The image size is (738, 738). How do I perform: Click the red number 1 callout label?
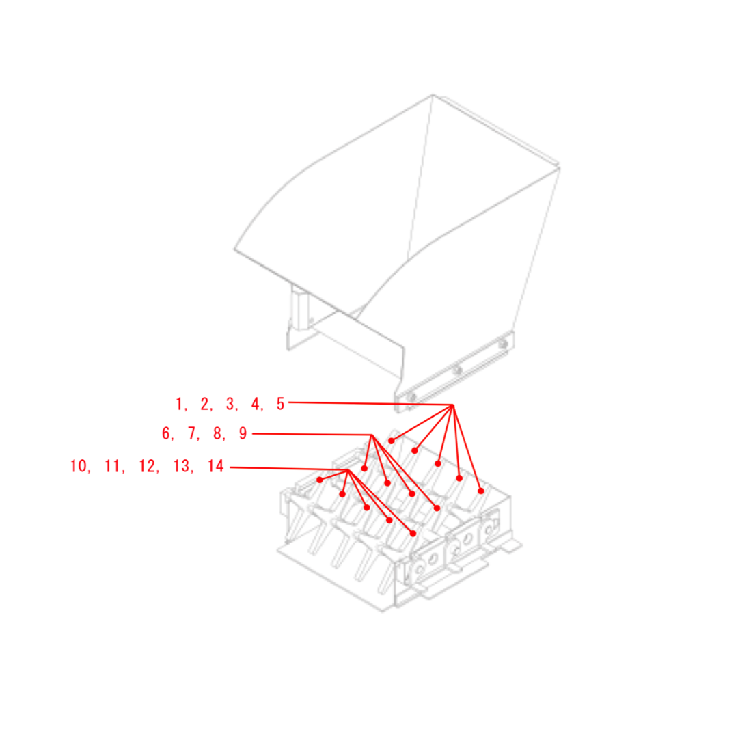click(179, 404)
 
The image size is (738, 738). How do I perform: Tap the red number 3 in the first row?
click(230, 404)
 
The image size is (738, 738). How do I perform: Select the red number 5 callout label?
click(281, 404)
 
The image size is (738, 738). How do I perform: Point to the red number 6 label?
click(165, 433)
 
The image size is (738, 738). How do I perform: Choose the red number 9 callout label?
click(243, 433)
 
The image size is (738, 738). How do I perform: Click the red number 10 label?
click(78, 466)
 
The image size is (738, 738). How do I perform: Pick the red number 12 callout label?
click(146, 466)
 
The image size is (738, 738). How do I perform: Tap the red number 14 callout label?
click(215, 466)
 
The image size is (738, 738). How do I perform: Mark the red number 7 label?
click(191, 433)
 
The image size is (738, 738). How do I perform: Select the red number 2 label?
click(204, 404)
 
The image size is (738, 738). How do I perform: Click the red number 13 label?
click(181, 466)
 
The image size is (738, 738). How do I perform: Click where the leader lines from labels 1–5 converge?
click(453, 405)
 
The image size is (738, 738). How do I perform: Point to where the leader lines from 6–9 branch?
click(372, 435)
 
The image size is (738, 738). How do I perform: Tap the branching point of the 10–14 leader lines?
click(348, 469)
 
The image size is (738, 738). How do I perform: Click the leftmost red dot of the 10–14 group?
click(320, 480)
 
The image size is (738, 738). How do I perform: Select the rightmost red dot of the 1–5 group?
click(480, 491)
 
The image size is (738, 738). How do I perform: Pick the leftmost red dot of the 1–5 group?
click(391, 441)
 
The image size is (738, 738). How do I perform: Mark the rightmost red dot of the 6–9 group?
click(437, 508)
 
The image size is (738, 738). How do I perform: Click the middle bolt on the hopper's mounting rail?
click(456, 370)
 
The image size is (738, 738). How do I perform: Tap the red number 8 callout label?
click(217, 433)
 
